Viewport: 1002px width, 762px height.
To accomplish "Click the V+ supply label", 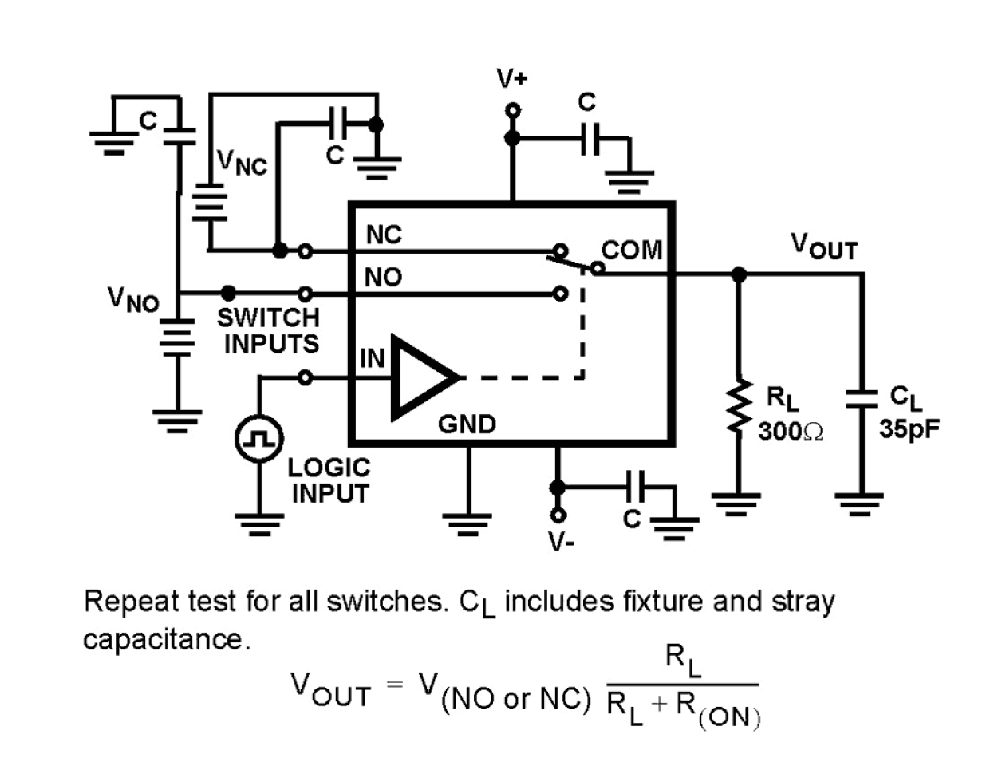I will (x=511, y=79).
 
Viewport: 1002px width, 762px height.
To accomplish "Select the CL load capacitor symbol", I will (x=861, y=398).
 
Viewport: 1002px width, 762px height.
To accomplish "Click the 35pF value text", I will (x=909, y=429).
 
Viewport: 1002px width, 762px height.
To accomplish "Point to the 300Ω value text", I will (x=791, y=432).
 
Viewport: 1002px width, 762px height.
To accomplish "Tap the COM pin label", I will (x=632, y=250).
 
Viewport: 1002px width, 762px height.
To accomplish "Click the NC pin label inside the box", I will (x=384, y=235).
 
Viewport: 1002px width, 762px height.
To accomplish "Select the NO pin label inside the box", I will (x=384, y=278).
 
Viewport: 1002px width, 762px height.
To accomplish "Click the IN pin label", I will (x=372, y=359).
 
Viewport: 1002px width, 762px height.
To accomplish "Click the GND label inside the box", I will (x=467, y=424).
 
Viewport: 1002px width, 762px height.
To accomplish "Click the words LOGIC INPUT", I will (x=329, y=480).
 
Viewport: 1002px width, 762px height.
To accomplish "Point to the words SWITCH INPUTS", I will (x=269, y=330).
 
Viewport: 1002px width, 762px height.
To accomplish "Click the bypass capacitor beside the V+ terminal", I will (x=590, y=139).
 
